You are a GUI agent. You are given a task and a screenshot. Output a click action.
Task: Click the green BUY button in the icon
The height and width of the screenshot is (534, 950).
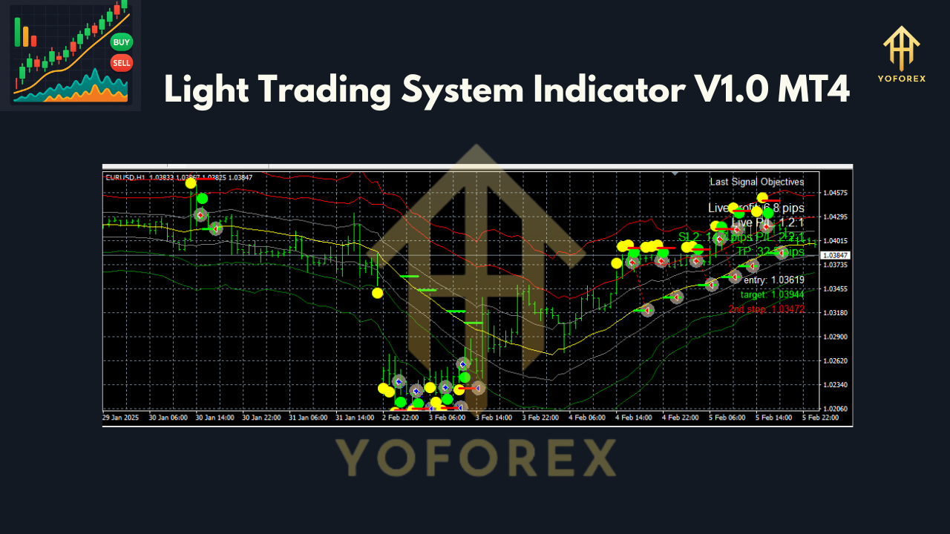(x=122, y=42)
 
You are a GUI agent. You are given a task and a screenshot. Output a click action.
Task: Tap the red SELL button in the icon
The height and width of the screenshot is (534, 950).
(x=122, y=63)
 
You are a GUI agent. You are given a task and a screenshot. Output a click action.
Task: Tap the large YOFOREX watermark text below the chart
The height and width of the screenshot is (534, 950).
(x=475, y=458)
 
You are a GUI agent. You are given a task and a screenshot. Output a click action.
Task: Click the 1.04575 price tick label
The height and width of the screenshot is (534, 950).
(x=835, y=193)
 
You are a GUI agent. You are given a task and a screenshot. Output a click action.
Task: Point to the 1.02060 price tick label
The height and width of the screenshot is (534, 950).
(x=835, y=409)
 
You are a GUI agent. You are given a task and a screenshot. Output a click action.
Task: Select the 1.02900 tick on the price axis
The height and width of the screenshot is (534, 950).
(x=835, y=337)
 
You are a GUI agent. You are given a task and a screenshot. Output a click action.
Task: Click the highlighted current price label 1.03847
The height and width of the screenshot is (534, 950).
(x=835, y=255)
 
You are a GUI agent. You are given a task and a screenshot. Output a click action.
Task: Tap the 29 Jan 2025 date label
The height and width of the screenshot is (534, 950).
(x=120, y=418)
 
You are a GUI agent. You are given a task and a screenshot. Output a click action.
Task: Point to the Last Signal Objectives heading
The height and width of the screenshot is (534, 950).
(x=756, y=182)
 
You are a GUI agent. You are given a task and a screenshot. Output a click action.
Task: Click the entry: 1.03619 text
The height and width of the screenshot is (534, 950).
(x=773, y=280)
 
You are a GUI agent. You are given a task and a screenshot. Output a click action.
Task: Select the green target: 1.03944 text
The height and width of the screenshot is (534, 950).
(x=772, y=294)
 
